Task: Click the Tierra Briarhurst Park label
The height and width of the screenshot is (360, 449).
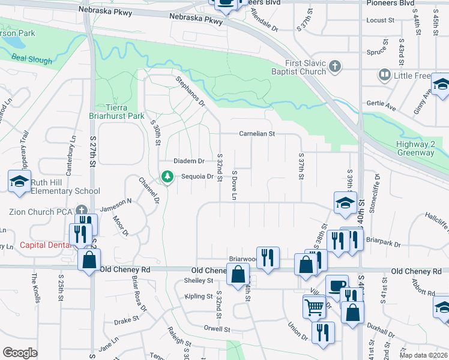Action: [108, 111]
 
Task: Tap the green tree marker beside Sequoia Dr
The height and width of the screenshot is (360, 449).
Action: [166, 176]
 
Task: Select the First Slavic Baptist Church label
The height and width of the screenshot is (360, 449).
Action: [306, 67]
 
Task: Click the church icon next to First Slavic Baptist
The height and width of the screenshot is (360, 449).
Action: [335, 67]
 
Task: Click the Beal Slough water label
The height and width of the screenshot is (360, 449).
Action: [31, 59]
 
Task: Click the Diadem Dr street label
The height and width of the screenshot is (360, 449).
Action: [189, 161]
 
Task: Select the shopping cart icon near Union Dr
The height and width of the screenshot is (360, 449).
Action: [315, 308]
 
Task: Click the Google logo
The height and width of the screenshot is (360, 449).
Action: [20, 353]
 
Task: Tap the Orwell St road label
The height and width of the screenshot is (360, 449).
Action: [217, 329]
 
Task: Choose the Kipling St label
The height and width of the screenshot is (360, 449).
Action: [199, 296]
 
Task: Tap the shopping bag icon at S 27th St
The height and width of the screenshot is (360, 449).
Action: [89, 260]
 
